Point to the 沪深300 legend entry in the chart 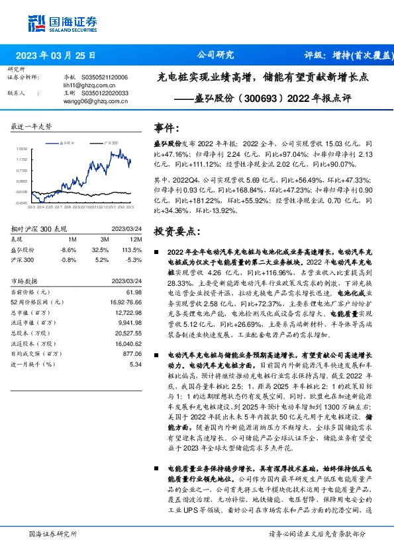tap(111, 142)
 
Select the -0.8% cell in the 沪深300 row tap(68, 259)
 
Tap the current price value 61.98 tap(134, 292)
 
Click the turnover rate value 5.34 tap(136, 363)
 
